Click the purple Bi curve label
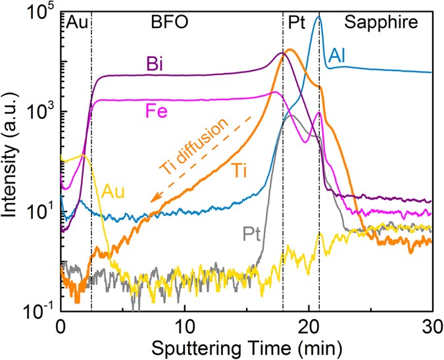pyautogui.click(x=155, y=64)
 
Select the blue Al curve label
pyautogui.click(x=339, y=56)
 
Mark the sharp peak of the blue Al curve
pyautogui.click(x=318, y=16)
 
